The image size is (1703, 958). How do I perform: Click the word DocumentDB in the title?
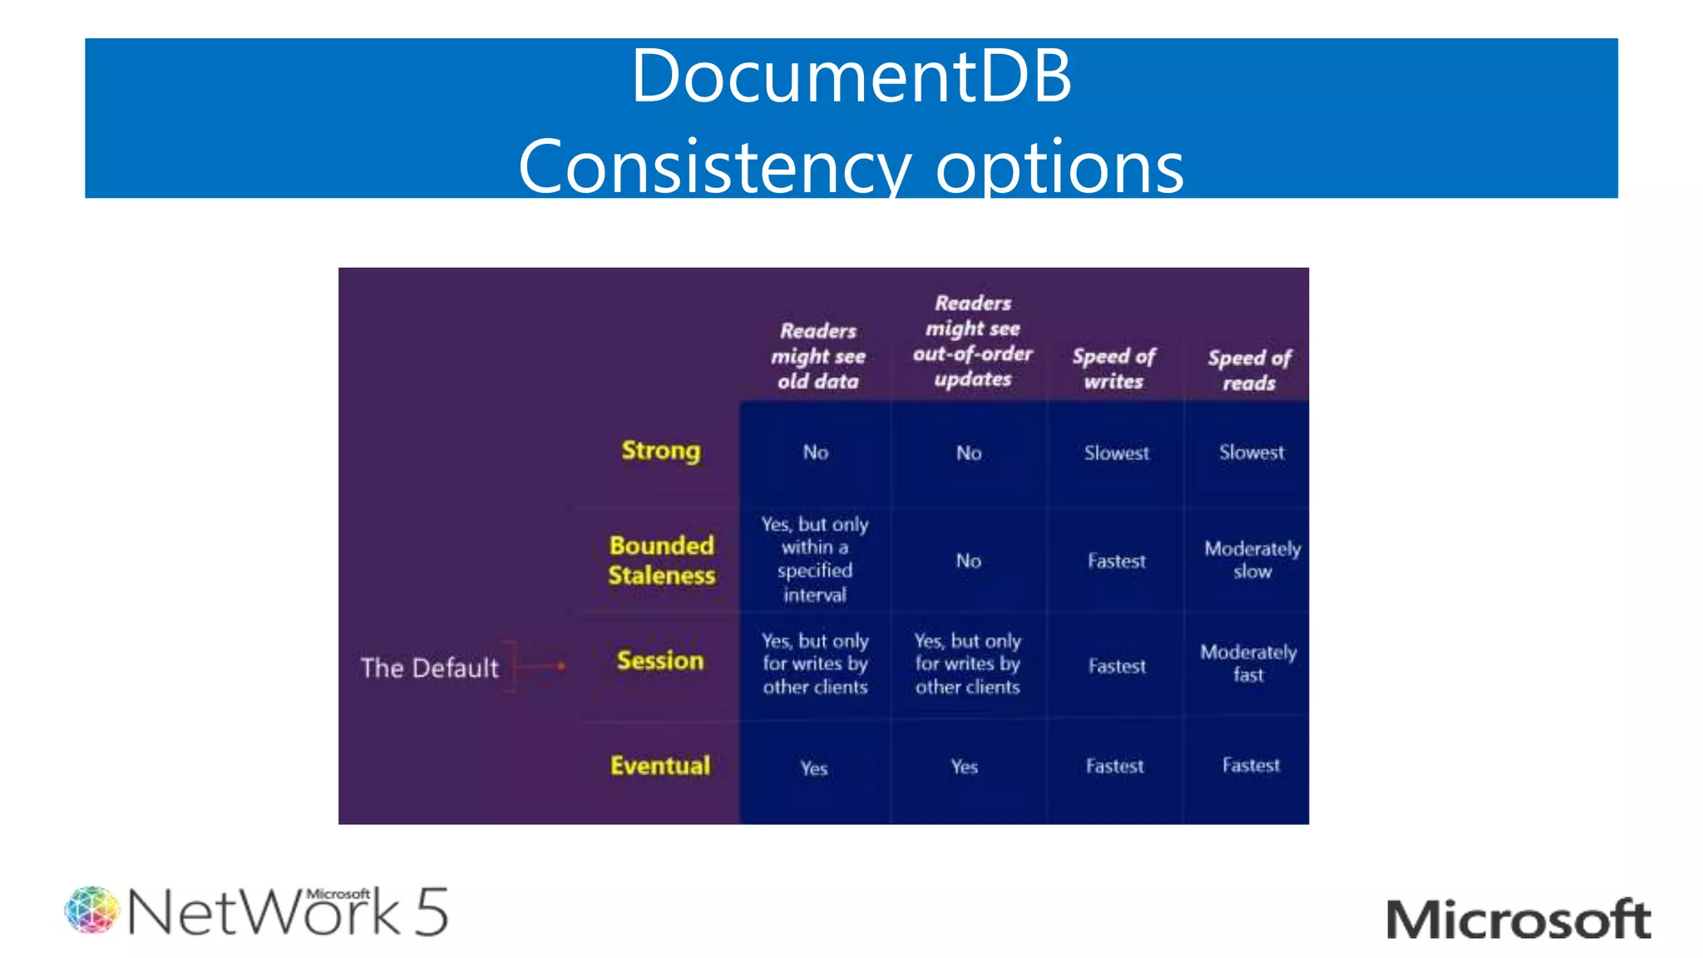851,77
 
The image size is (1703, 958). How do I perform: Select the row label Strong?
661,451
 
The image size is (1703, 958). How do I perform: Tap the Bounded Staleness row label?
661,560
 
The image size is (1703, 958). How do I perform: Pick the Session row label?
660,660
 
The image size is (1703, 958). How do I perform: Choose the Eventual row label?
660,765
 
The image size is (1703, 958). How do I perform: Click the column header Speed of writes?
1113,368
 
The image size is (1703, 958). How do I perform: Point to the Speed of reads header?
1249,370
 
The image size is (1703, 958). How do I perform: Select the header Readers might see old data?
818,356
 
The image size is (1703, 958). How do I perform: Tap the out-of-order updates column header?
972,341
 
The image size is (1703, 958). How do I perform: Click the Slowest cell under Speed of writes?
1116,453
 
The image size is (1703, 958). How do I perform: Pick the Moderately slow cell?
1252,560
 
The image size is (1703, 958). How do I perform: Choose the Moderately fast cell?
1248,663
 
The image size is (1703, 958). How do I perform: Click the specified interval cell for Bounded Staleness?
815,559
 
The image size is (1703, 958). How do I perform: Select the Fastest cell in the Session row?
1117,666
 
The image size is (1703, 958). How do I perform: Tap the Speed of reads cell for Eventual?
1251,765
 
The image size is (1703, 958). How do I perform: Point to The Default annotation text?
430,668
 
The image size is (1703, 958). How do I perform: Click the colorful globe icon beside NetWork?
91,910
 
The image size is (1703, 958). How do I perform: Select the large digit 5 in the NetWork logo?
432,912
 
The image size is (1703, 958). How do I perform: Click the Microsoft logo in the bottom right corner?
1518,920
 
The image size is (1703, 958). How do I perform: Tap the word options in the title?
1059,166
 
